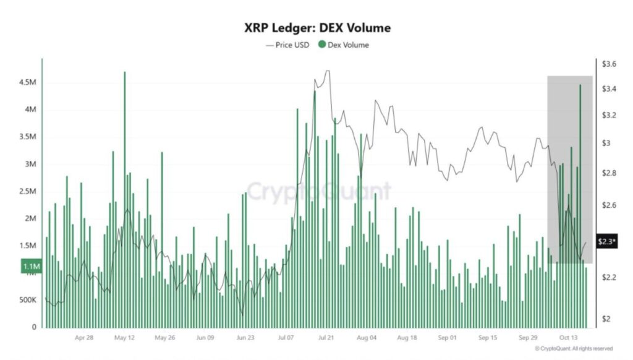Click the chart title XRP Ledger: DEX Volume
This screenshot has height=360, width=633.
[x=316, y=28]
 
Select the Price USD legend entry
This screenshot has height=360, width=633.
[x=288, y=45]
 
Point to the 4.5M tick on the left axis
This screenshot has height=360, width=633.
[x=28, y=83]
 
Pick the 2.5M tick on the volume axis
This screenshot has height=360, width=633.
[x=28, y=191]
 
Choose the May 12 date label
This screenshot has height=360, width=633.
[x=124, y=338]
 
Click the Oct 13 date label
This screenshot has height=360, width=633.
[x=567, y=338]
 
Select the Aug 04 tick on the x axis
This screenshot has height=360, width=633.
[x=367, y=338]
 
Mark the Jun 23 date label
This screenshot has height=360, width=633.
[x=245, y=338]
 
